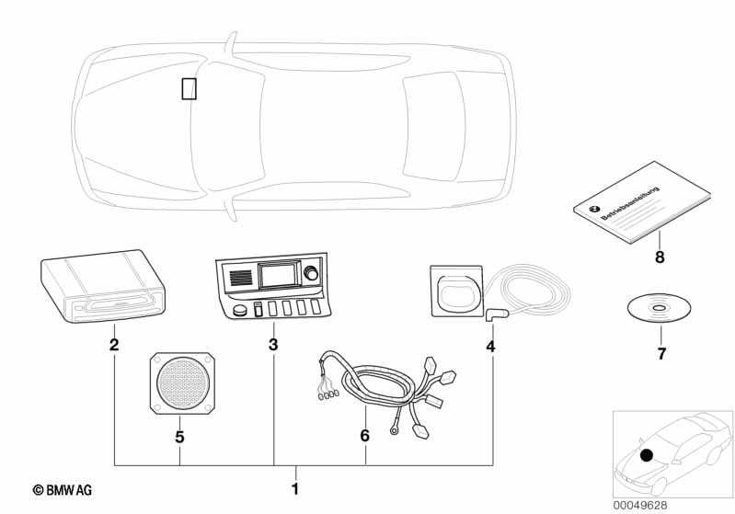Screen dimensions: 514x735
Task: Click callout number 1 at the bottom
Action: [295, 487]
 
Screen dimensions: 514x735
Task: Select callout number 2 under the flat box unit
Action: [114, 346]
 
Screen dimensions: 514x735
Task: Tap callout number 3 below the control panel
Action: [273, 346]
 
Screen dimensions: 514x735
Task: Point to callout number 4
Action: [490, 347]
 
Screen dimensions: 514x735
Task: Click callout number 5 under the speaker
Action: [179, 437]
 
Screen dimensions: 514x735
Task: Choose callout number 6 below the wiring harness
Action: [364, 436]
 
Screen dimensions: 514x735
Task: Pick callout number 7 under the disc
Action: [660, 353]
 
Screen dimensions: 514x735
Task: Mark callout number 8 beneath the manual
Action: [660, 257]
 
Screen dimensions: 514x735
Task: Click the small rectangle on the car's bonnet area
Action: [189, 88]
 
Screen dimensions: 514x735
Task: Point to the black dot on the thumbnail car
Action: [647, 454]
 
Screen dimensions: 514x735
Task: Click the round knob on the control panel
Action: [310, 272]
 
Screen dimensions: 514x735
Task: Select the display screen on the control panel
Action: [277, 275]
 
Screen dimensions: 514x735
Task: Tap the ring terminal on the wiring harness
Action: [394, 427]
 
